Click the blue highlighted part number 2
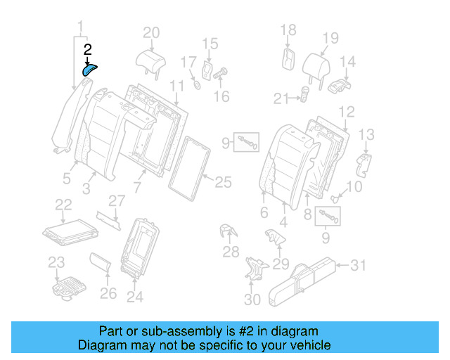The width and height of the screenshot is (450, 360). coord(90,68)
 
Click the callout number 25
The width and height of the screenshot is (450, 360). coord(222,183)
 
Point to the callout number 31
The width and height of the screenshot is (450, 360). coord(359,264)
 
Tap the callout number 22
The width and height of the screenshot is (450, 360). coord(63,204)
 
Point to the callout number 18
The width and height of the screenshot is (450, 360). coord(288,30)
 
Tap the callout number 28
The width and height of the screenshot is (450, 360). coord(231,252)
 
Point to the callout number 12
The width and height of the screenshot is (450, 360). coord(347,112)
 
